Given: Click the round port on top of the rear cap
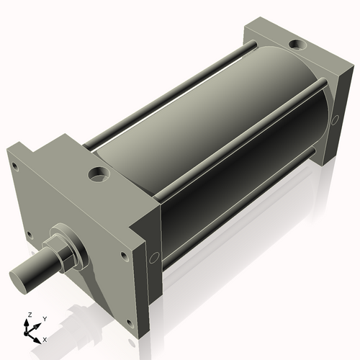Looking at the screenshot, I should pos(297,45).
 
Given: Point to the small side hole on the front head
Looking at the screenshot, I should pos(153,257).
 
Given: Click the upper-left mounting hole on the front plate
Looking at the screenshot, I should pos(14,166).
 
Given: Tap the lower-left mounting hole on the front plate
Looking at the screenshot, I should pos(28,234).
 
